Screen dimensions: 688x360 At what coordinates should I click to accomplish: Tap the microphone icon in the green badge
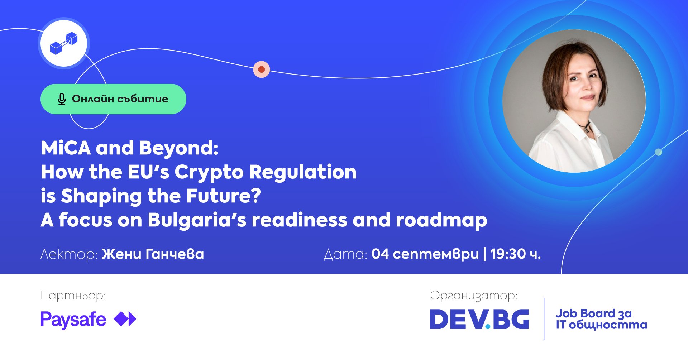62,99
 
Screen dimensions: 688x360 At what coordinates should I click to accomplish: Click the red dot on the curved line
262,69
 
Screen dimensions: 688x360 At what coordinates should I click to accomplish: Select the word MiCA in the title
66,148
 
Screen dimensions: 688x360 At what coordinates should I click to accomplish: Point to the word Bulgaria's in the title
197,220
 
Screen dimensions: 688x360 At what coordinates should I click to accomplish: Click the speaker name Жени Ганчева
153,254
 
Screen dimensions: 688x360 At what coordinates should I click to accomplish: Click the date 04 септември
425,254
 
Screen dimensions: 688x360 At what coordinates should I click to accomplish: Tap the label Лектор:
69,254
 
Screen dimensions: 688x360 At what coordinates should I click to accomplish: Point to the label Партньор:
73,296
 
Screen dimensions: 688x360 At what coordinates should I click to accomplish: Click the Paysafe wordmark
73,320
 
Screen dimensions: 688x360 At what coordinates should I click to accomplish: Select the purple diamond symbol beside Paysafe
125,319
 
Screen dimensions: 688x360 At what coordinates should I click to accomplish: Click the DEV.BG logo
479,319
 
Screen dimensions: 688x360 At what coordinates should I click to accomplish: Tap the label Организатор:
474,296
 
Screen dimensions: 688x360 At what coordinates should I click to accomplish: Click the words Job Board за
594,313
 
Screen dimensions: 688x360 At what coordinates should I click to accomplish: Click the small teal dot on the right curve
658,152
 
